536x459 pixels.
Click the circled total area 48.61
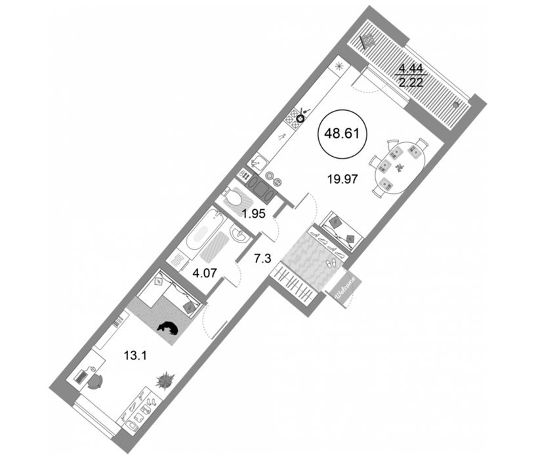click(x=342, y=134)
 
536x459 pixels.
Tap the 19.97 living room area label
click(x=342, y=179)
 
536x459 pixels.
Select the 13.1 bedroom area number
click(x=135, y=356)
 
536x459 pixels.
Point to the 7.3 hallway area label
click(x=262, y=259)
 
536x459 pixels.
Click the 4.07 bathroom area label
click(x=205, y=273)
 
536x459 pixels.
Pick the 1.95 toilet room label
click(x=254, y=214)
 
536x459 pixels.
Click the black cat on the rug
click(x=167, y=328)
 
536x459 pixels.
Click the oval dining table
click(x=400, y=167)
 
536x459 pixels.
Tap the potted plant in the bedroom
click(x=165, y=380)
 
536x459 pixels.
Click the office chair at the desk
click(x=95, y=382)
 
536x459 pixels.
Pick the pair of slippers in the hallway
click(x=331, y=264)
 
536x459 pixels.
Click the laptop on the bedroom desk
click(x=81, y=377)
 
